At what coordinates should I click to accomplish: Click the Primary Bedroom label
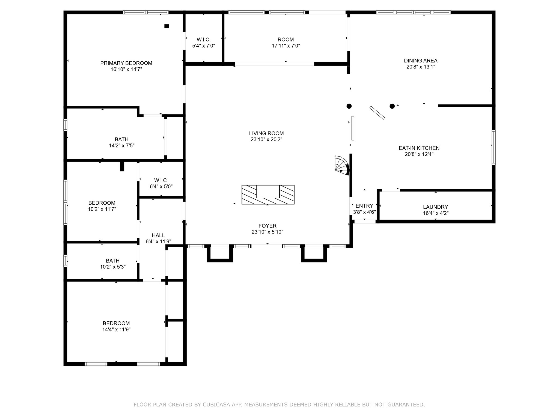coord(126,63)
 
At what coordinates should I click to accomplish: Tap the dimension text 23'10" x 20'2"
coord(266,139)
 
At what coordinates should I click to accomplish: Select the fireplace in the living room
coord(268,195)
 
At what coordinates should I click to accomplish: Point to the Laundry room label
coord(436,207)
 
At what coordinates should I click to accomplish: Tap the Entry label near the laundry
coord(364,206)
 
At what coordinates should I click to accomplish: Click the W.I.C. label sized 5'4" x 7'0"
coord(204,40)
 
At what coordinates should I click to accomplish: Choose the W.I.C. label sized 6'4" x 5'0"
coord(161,180)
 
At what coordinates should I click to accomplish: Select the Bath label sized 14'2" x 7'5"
coord(122,139)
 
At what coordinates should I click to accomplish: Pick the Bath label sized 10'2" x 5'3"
coord(113,261)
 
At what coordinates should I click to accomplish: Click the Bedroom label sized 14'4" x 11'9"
coord(116,324)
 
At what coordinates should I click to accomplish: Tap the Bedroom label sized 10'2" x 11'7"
coord(102,203)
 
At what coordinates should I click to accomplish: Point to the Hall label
coord(158,235)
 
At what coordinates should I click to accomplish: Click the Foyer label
coord(267,226)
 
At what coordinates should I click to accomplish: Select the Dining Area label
coord(421,61)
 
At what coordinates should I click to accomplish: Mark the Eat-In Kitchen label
coord(419,148)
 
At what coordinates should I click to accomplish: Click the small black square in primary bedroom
coord(167,26)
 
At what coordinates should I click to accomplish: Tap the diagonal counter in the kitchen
coord(377,113)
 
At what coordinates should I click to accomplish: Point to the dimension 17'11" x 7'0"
coord(286,46)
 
